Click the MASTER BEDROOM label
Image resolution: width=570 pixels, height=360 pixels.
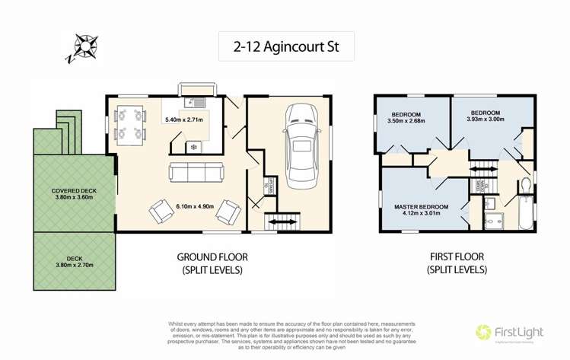click(421, 207)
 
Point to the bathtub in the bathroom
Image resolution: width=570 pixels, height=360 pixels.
click(526, 213)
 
